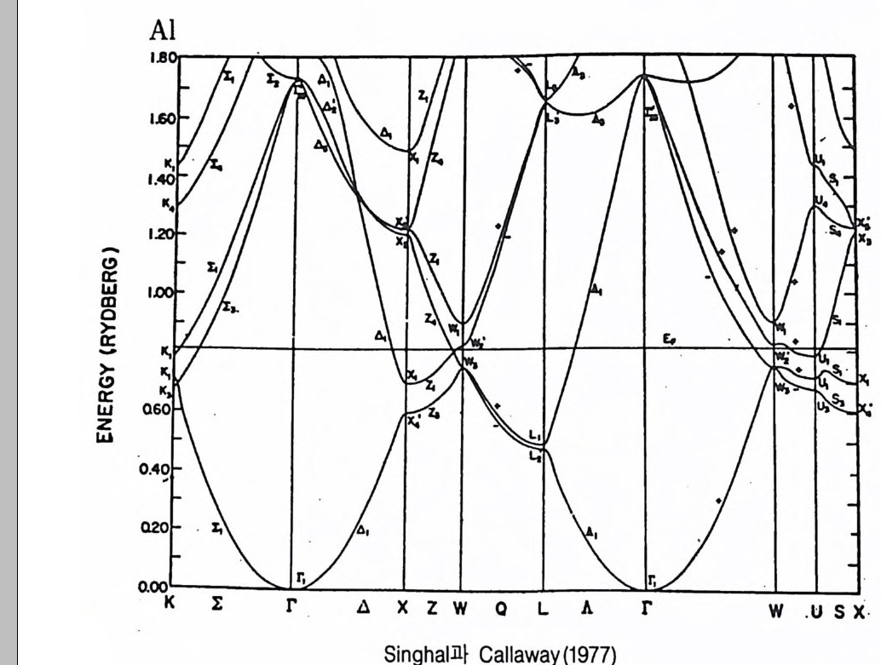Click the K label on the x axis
coord(169,608)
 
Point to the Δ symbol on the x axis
coord(364,608)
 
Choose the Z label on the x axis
coord(432,608)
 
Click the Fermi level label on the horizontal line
coord(669,339)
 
